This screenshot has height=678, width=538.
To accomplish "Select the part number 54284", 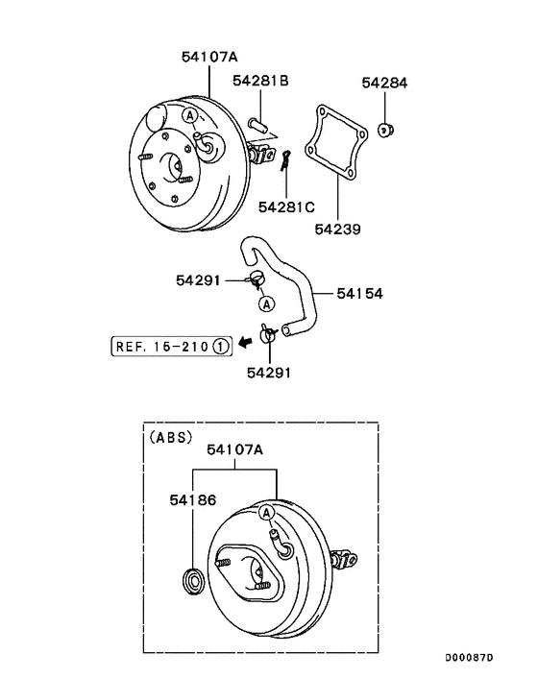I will point(384,84).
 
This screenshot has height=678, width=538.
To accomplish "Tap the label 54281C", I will point(286,206).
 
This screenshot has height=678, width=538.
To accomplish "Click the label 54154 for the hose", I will point(359,293).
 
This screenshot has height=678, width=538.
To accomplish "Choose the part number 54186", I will point(193,500).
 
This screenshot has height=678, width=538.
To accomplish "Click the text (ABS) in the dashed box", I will point(171,436).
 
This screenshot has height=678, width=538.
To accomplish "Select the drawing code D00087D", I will point(468,658).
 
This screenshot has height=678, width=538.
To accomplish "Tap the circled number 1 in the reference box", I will point(220,346).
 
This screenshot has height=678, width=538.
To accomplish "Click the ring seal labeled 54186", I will point(193,579).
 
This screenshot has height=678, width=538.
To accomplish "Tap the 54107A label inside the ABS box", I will point(235,448).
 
